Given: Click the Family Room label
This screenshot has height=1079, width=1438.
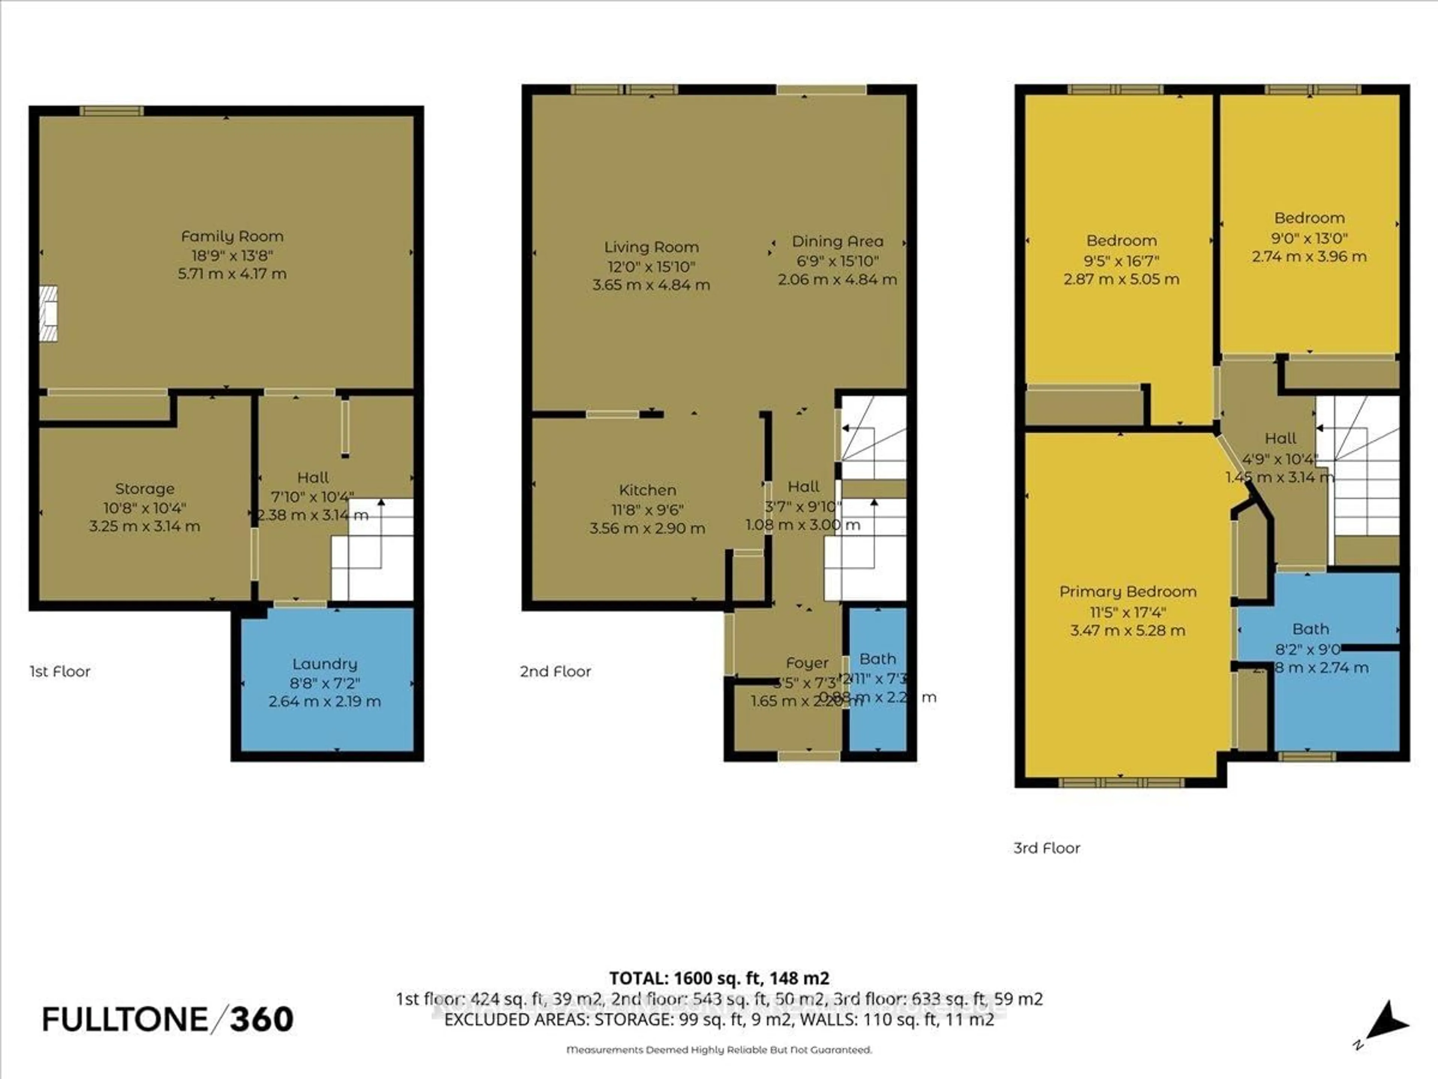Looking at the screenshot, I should pos(232,236).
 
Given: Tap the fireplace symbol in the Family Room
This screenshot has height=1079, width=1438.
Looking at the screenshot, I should pos(48,314).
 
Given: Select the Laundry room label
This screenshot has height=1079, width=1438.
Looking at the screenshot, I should pos(324,664).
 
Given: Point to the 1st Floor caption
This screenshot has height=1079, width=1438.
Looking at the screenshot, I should pos(60,671).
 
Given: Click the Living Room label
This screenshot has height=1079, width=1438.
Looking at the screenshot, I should pos(651,247).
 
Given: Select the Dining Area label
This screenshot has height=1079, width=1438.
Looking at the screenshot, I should pos(837,241).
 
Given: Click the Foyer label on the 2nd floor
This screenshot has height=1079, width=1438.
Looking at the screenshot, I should pos(807,663).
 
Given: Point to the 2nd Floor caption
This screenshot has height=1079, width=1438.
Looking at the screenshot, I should pos(555,671).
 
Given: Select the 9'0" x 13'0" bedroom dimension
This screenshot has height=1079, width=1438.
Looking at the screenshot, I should pos(1309,238).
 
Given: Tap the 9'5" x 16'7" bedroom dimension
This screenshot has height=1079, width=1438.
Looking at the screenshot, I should pos(1122,260).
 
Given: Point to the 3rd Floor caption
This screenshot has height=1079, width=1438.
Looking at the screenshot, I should pos(1047,848).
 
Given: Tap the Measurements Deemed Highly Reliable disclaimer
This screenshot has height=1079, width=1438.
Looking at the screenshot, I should pos(719,1050).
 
